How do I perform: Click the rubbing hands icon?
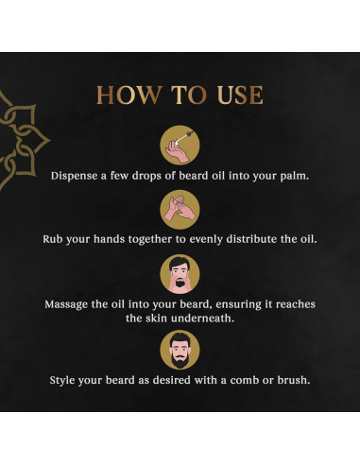pyautogui.click(x=180, y=208)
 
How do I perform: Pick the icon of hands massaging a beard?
pyautogui.click(x=180, y=274)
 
